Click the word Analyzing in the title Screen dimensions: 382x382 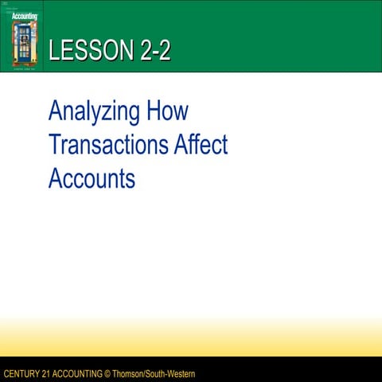(93, 112)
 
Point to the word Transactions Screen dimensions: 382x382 (107, 145)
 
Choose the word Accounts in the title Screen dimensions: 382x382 (92, 178)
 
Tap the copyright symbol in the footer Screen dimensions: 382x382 (110, 374)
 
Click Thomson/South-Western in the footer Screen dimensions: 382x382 (154, 374)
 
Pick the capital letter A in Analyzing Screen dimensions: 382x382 (56, 111)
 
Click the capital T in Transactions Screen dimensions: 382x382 (54, 145)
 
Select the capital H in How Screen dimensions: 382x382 (155, 111)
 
